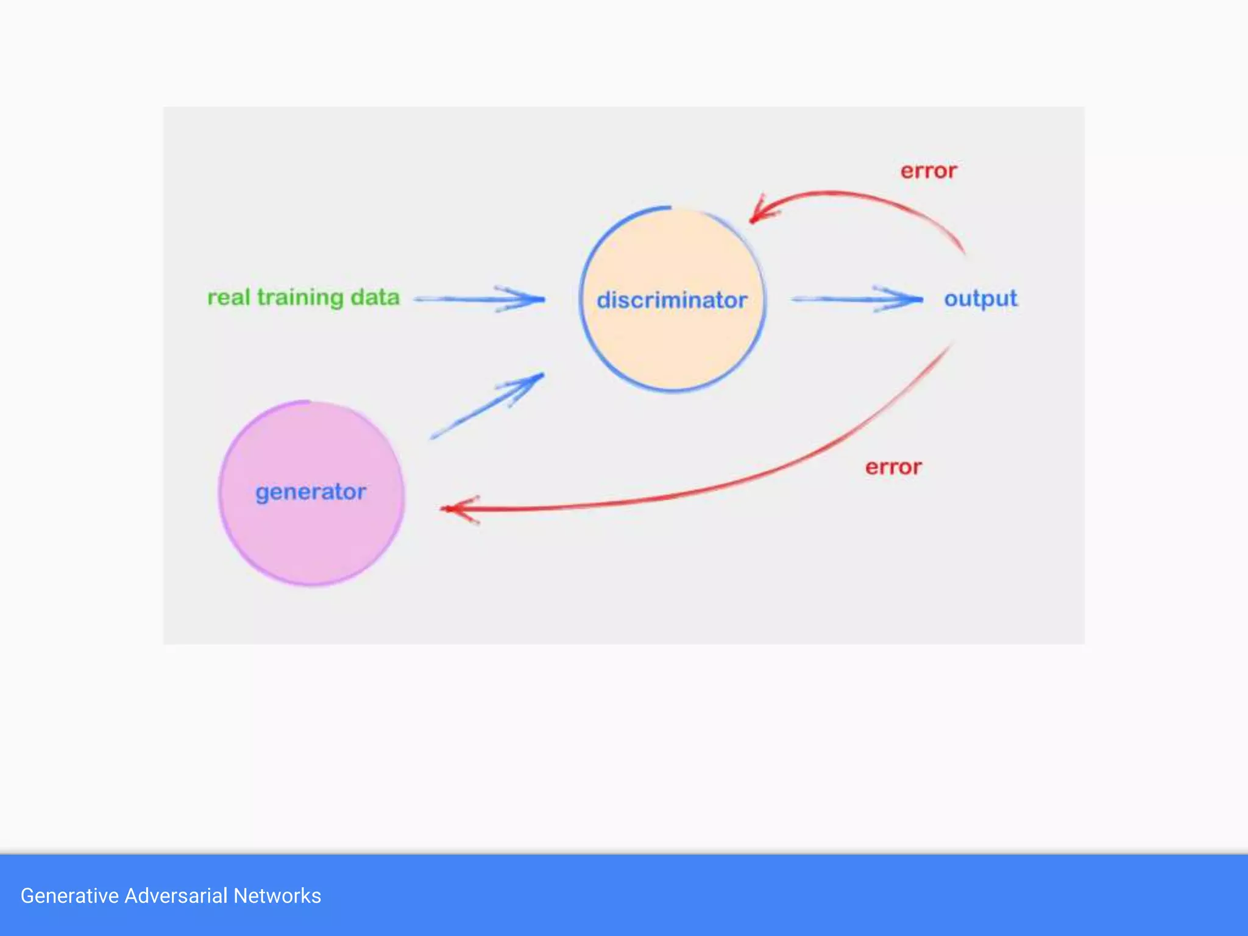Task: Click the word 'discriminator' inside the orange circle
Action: click(x=672, y=300)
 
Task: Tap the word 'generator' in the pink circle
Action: click(x=311, y=492)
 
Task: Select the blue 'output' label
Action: click(x=980, y=299)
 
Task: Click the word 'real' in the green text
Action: click(x=229, y=297)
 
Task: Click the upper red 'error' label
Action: click(x=928, y=171)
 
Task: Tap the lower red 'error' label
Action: click(x=893, y=467)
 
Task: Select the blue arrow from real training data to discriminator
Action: click(x=478, y=299)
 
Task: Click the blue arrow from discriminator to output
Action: click(x=856, y=299)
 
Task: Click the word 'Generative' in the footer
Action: click(x=69, y=896)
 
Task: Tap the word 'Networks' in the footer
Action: click(x=277, y=896)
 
